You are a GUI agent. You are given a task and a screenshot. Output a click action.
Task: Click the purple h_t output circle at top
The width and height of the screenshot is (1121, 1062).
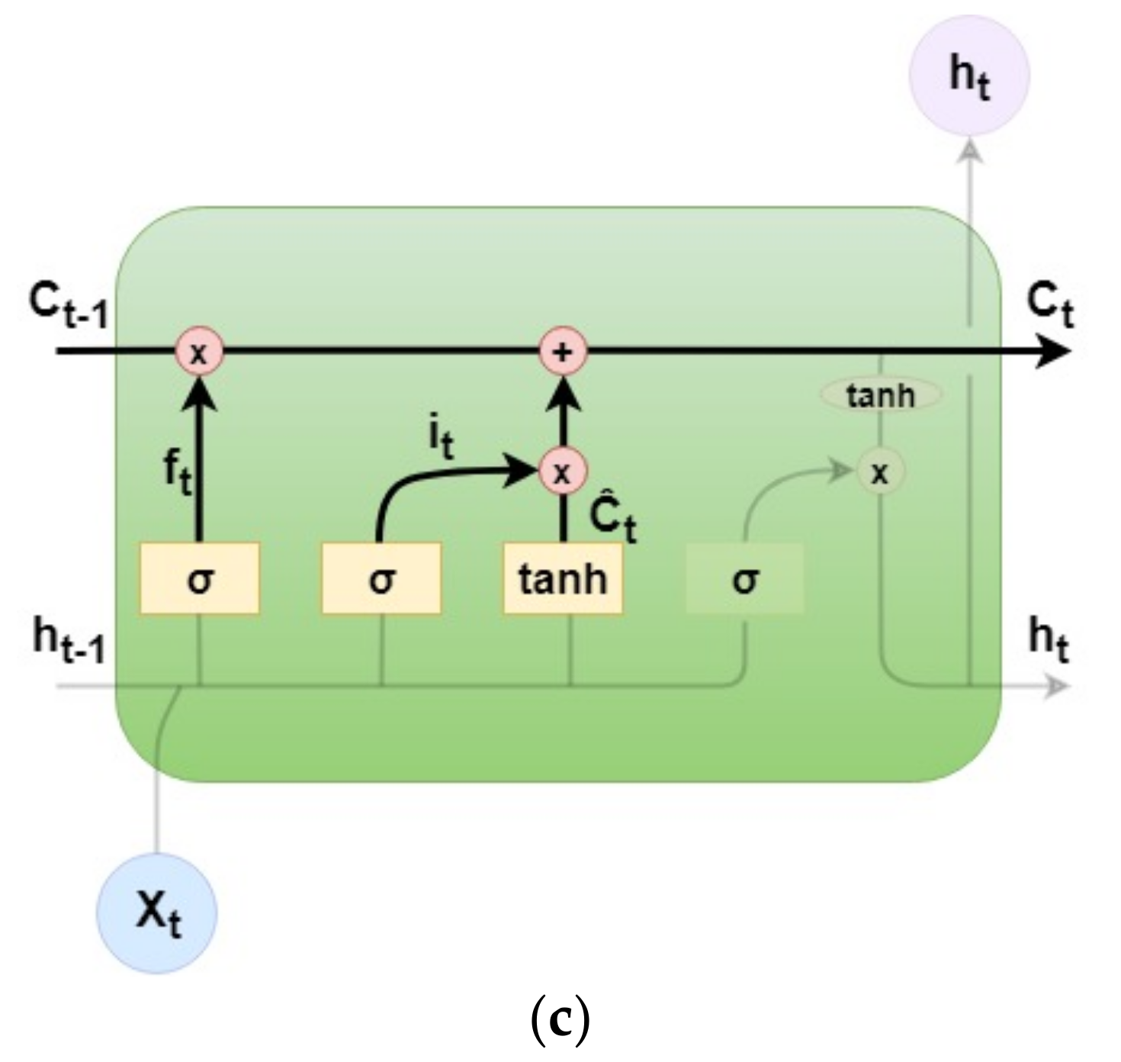pyautogui.click(x=969, y=76)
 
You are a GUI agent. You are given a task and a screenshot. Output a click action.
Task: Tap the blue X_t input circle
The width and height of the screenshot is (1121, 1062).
pyautogui.click(x=156, y=912)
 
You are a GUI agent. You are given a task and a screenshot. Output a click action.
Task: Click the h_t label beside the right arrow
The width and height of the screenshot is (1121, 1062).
pyautogui.click(x=1049, y=641)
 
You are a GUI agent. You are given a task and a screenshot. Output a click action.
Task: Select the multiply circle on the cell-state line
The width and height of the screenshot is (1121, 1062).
pyautogui.click(x=199, y=352)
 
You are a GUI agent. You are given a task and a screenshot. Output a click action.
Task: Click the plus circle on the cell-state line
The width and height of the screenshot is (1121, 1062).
pyautogui.click(x=563, y=352)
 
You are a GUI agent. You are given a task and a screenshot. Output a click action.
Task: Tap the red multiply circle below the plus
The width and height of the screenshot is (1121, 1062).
pyautogui.click(x=563, y=472)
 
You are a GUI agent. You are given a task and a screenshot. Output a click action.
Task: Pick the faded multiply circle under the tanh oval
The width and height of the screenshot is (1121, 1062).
pyautogui.click(x=880, y=473)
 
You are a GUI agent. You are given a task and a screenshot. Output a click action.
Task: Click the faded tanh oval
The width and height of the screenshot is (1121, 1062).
pyautogui.click(x=880, y=395)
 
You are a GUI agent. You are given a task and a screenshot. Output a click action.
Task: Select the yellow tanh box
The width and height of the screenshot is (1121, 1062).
pyautogui.click(x=563, y=578)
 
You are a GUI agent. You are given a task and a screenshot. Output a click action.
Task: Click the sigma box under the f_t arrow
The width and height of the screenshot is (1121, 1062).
pyautogui.click(x=199, y=578)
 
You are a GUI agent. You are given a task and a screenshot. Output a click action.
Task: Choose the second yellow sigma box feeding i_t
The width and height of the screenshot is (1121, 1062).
pyautogui.click(x=381, y=578)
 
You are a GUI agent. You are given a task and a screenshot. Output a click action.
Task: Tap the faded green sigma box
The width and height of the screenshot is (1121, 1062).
pyautogui.click(x=745, y=578)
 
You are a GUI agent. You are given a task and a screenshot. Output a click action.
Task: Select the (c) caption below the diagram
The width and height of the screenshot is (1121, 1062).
pyautogui.click(x=560, y=1021)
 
